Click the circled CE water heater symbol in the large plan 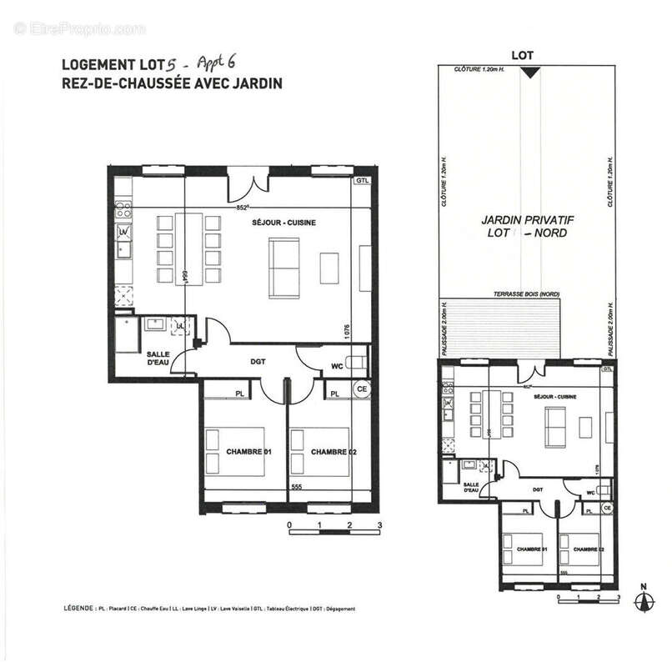(361, 389)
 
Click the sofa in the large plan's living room (284, 267)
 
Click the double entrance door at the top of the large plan (248, 178)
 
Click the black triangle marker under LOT (528, 74)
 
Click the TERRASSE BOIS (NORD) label (527, 295)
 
